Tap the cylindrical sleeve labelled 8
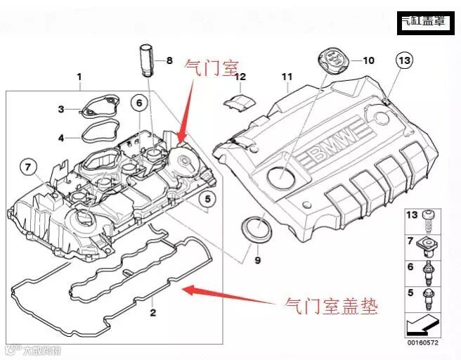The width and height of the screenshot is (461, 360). pos(146,59)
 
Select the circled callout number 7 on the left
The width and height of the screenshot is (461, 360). pos(27,167)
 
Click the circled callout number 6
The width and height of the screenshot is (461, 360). pos(139,104)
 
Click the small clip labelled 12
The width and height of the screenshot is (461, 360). pos(238,101)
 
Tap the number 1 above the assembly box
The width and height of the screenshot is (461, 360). pos(79,76)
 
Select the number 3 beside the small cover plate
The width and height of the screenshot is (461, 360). pos(61,109)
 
